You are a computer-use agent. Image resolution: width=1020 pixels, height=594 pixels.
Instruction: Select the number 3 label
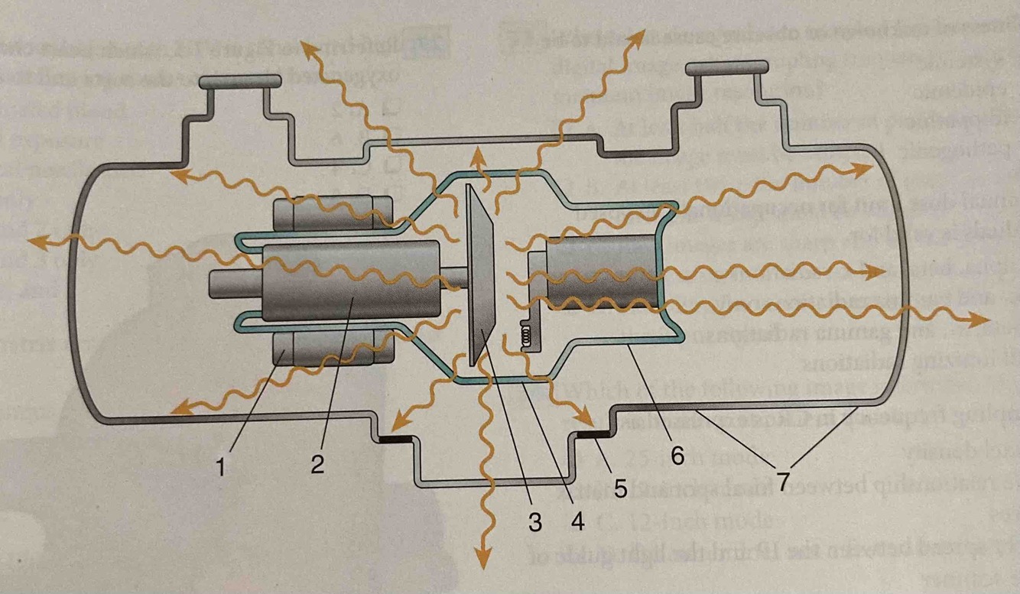pos(535,522)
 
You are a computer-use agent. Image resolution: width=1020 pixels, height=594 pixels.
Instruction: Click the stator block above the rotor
pos(333,212)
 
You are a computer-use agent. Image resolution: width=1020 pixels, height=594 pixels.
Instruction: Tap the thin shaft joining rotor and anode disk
pos(456,277)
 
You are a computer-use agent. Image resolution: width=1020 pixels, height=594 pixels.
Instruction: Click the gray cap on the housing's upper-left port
pos(239,80)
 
